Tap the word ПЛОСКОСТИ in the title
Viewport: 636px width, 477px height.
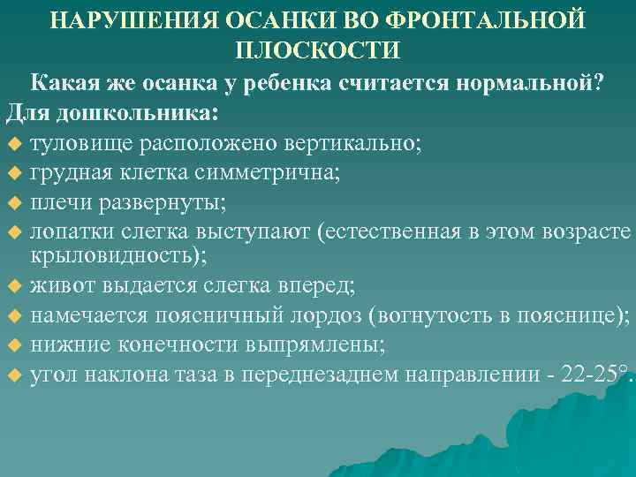pyautogui.click(x=319, y=49)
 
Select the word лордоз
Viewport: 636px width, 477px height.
pyautogui.click(x=331, y=315)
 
